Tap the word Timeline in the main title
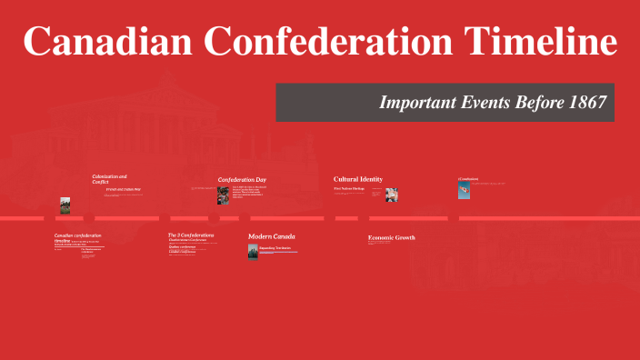[537, 43]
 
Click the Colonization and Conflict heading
[109, 179]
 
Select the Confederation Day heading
[242, 179]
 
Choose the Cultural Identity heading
[358, 179]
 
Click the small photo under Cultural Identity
[391, 195]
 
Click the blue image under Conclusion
[464, 191]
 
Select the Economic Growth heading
[391, 237]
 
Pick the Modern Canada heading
[273, 236]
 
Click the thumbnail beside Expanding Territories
[253, 252]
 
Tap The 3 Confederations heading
[191, 235]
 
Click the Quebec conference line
[182, 246]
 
